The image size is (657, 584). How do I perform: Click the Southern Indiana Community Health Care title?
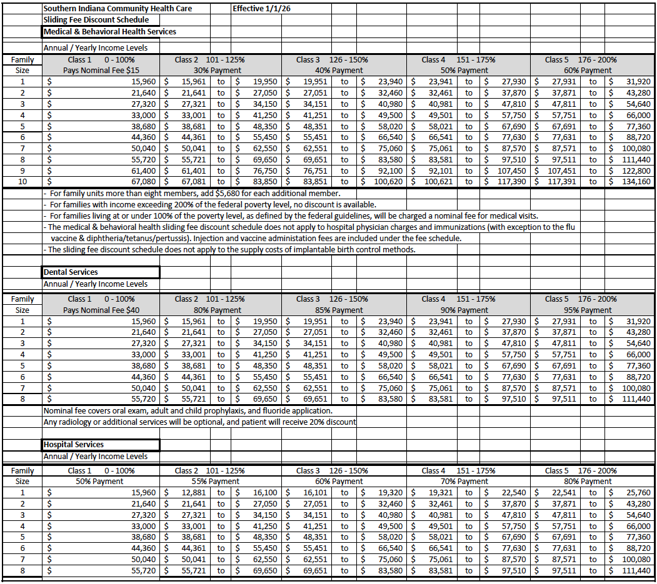pyautogui.click(x=118, y=9)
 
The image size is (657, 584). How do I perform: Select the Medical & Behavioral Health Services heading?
pyautogui.click(x=110, y=31)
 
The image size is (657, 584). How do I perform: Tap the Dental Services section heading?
pyautogui.click(x=71, y=272)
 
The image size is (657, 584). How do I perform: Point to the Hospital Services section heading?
pyautogui.click(x=74, y=445)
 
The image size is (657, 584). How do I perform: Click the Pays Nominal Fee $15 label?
pyautogui.click(x=101, y=71)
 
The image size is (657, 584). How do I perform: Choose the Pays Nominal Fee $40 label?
pyautogui.click(x=101, y=310)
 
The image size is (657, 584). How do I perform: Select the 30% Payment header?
pyautogui.click(x=217, y=71)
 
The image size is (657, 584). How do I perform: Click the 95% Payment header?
pyautogui.click(x=587, y=310)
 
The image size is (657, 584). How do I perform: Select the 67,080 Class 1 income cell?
pyautogui.click(x=143, y=182)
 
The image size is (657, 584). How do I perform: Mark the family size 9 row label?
pyautogui.click(x=23, y=171)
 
